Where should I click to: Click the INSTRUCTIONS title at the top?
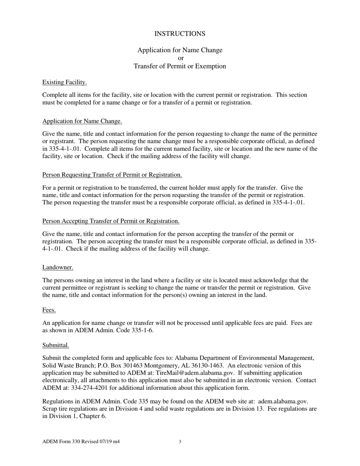click(x=180, y=34)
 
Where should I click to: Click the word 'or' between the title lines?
click(x=180, y=58)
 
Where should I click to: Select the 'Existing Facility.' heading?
click(x=64, y=82)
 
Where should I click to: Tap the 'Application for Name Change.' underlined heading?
click(x=82, y=121)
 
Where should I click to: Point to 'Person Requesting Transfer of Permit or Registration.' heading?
click(x=112, y=175)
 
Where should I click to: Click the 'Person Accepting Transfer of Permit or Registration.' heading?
click(x=111, y=221)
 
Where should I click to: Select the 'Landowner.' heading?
click(x=58, y=267)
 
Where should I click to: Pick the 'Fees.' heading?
click(x=49, y=310)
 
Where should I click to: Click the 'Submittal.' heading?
click(x=56, y=345)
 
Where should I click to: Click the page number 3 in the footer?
click(x=180, y=441)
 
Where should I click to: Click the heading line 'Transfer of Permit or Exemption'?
click(x=180, y=66)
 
